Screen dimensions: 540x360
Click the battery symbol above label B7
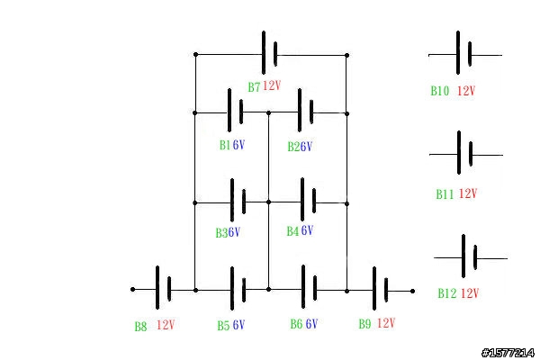click(x=270, y=53)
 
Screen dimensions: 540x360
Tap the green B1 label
click(x=225, y=145)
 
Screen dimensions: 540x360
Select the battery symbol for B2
click(x=306, y=111)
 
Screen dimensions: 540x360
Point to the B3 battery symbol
click(x=238, y=200)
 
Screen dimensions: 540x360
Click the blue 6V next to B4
click(x=307, y=230)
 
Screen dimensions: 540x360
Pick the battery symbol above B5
click(x=238, y=288)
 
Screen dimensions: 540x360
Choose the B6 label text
click(x=296, y=324)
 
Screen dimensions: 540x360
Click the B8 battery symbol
click(x=163, y=287)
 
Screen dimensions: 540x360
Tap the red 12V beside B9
click(x=386, y=323)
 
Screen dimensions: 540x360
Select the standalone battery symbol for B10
click(x=463, y=53)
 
